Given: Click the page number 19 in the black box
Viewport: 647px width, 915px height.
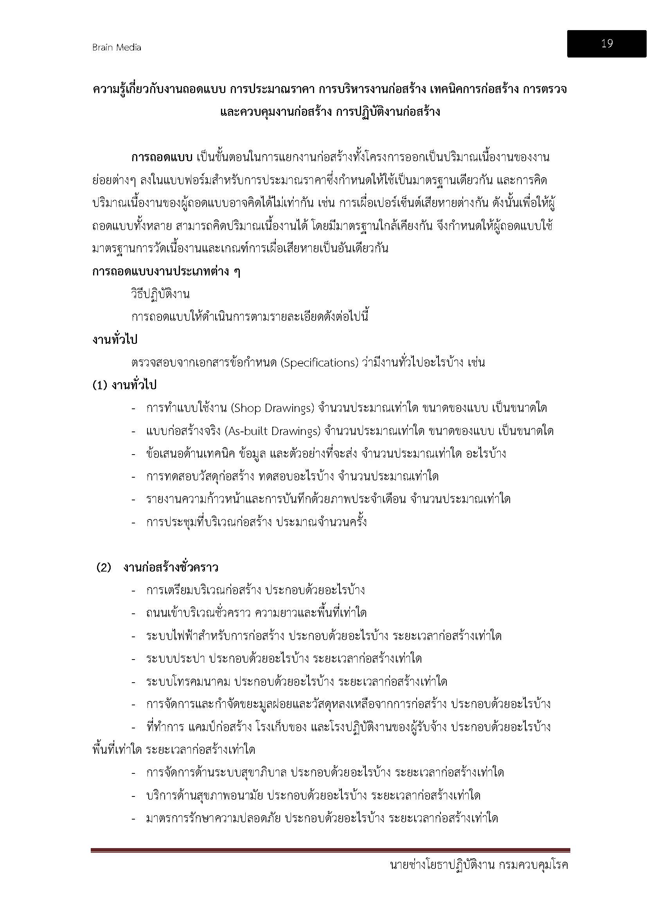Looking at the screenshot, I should coord(606,43).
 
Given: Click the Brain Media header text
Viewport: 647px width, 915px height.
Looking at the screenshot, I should coord(116,47).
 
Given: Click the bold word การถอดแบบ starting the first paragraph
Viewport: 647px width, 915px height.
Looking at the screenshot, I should coord(162,157).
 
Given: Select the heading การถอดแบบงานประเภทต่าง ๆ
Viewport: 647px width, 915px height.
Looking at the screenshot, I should coord(166,272).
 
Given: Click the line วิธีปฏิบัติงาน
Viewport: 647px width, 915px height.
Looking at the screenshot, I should coord(160,295).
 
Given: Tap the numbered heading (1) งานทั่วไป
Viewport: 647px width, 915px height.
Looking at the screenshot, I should coord(124,385).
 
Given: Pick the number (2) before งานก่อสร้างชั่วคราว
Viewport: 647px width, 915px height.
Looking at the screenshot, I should coord(104,568).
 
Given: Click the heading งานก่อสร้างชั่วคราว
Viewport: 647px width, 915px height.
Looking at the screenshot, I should coord(171,568).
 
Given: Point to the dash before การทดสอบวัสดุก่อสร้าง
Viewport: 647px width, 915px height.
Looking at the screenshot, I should coord(134,477).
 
